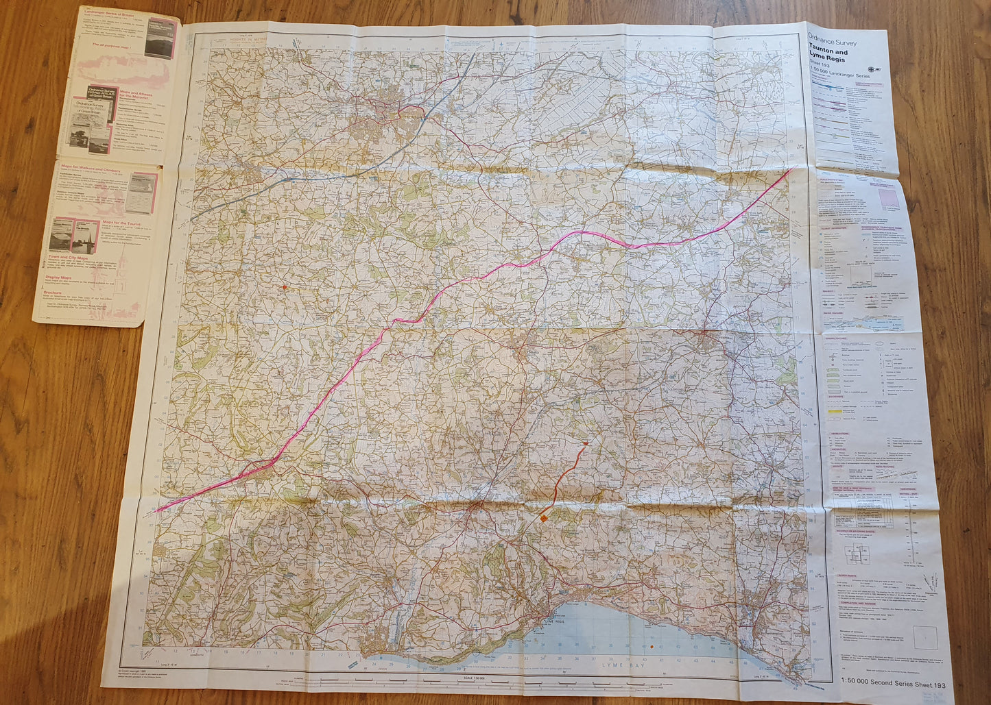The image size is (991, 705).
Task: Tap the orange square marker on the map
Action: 544,519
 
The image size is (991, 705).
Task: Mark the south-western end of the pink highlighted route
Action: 157,510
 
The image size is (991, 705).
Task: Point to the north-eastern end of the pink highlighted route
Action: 792,169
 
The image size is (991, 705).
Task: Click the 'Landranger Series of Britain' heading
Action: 109,12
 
